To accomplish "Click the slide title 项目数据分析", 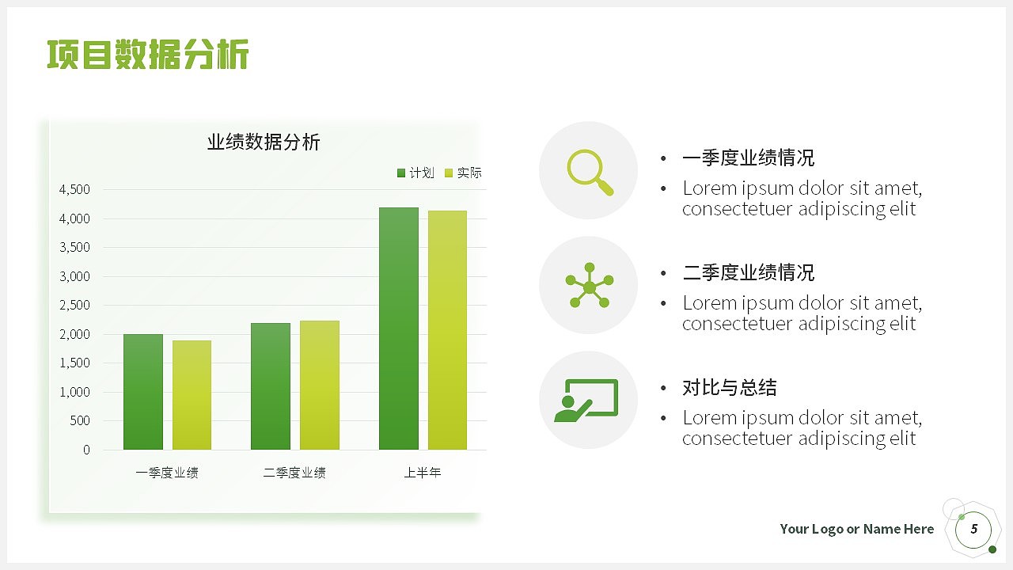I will click(148, 55).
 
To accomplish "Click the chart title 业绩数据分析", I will click(264, 142).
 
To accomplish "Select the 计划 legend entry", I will click(415, 173).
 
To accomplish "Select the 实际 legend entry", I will click(463, 173).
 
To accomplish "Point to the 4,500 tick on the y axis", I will click(75, 189).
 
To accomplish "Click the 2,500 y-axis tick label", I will click(75, 305).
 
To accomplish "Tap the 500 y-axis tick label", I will click(80, 420).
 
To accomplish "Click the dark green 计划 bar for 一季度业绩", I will click(143, 392).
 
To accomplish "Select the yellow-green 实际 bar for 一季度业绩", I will click(192, 395).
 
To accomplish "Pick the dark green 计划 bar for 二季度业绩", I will click(271, 386).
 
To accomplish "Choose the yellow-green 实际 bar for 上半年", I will click(447, 330).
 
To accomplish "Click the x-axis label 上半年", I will click(423, 473).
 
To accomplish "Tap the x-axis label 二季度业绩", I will click(294, 473).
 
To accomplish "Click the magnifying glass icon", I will click(590, 171).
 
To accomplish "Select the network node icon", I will click(590, 285).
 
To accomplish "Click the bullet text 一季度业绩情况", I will click(748, 158).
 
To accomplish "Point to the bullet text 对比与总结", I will click(729, 388).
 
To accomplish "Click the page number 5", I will click(974, 529).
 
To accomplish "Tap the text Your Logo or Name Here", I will click(856, 529).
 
